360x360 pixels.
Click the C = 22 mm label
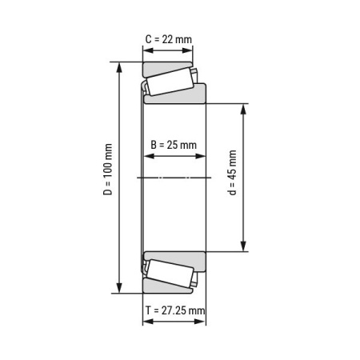click(168, 38)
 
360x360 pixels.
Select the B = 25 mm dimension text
click(174, 145)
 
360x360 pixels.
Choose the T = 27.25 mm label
click(174, 310)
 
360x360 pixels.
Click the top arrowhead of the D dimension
click(120, 66)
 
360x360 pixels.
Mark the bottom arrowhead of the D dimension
click(120, 290)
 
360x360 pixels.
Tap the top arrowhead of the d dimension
click(244, 106)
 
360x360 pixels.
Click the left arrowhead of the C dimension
click(146, 50)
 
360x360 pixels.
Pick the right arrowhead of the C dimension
click(190, 50)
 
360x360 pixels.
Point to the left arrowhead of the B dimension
click(146, 157)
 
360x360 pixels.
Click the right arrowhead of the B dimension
click(202, 157)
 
